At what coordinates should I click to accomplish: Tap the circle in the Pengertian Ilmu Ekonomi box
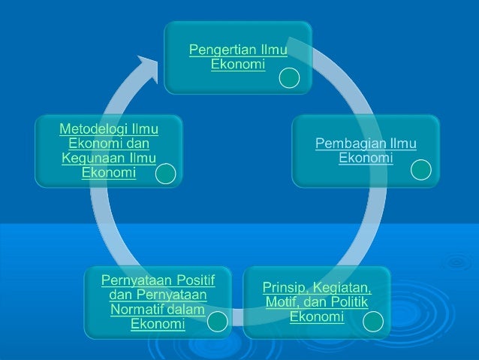coord(290,78)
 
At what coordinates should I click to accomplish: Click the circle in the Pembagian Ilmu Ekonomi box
coord(421,170)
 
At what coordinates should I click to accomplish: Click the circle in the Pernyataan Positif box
coord(217,323)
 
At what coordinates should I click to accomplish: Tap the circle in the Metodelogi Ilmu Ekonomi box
coord(166,175)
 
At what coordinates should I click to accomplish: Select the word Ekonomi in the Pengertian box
coord(238,65)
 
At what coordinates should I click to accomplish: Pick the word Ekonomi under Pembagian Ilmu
coord(366,158)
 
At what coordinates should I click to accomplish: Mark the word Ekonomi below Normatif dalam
coord(158,324)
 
